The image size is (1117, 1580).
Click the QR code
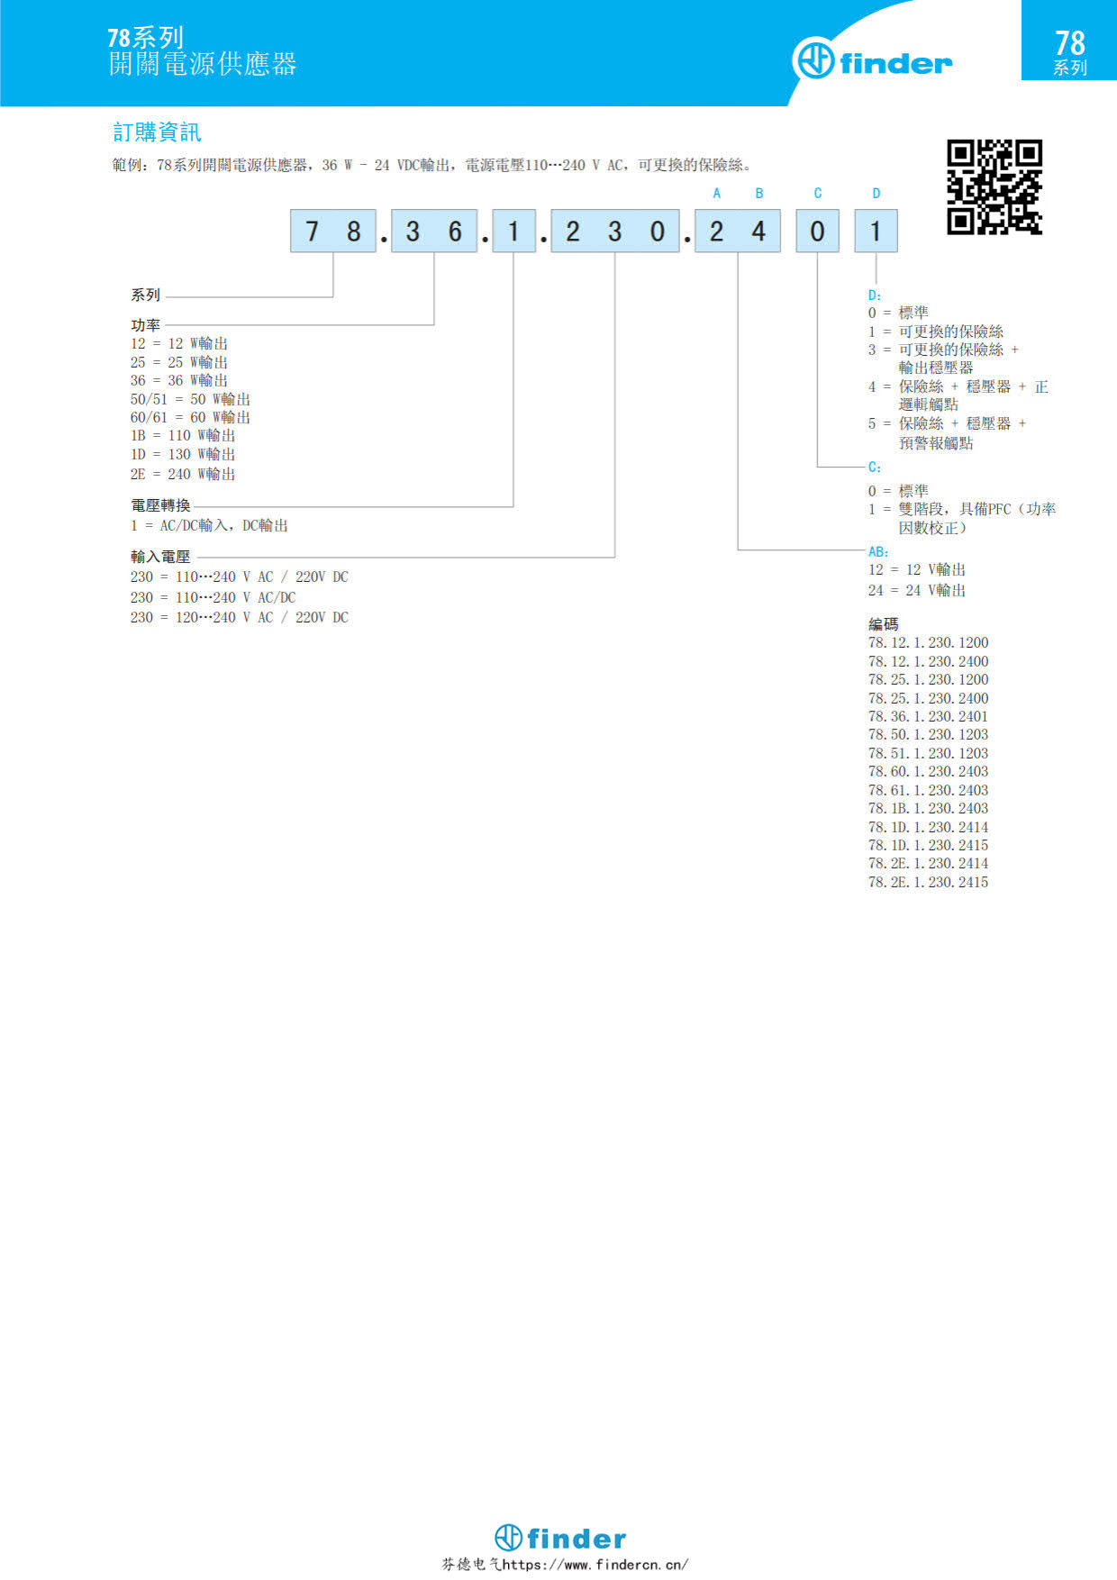pyautogui.click(x=994, y=187)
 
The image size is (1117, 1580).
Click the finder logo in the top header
pyautogui.click(x=872, y=61)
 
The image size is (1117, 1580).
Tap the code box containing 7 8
pyautogui.click(x=332, y=232)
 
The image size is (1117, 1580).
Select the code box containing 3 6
pyautogui.click(x=434, y=232)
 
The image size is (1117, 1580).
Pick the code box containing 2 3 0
pyautogui.click(x=615, y=232)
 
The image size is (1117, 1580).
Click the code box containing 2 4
pyautogui.click(x=738, y=232)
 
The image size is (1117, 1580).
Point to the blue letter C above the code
pyautogui.click(x=818, y=194)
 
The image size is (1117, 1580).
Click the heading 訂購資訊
pyautogui.click(x=157, y=132)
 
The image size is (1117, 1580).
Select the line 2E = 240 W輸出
pyautogui.click(x=183, y=474)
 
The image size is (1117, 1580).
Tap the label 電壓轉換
pyautogui.click(x=160, y=505)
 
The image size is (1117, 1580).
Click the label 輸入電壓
pyautogui.click(x=160, y=557)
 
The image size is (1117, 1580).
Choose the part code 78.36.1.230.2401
pyautogui.click(x=928, y=716)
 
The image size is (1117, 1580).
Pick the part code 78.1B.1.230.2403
pyautogui.click(x=928, y=808)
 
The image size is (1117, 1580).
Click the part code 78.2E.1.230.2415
pyautogui.click(x=928, y=882)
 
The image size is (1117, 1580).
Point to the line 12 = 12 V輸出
pyautogui.click(x=917, y=569)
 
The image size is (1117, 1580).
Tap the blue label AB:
pyautogui.click(x=878, y=551)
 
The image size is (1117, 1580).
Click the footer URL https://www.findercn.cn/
pyautogui.click(x=595, y=1565)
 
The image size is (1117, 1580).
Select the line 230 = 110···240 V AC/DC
pyautogui.click(x=213, y=597)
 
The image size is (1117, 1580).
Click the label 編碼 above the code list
pyautogui.click(x=883, y=623)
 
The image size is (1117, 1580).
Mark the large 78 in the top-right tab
pyautogui.click(x=1070, y=42)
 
